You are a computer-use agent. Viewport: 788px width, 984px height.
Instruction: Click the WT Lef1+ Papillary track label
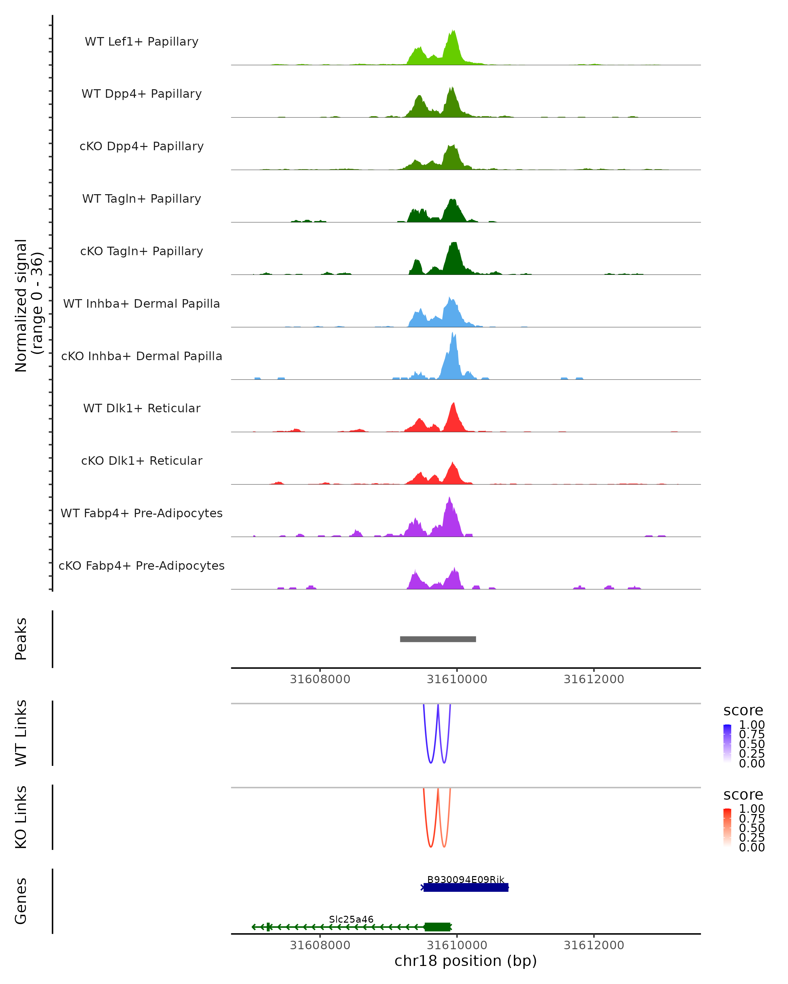click(x=142, y=42)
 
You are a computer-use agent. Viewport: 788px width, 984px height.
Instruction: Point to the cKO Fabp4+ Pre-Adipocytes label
click(x=142, y=565)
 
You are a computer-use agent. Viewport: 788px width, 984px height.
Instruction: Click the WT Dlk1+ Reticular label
click(x=142, y=408)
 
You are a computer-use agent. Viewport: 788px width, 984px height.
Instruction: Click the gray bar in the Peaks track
click(x=438, y=639)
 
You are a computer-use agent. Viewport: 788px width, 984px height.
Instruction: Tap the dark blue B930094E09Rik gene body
click(x=466, y=887)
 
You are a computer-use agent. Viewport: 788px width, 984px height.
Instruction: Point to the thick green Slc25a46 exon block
click(x=437, y=927)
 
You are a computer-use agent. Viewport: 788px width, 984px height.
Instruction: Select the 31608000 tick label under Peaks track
click(x=320, y=679)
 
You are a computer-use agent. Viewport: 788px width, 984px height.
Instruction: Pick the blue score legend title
click(x=743, y=711)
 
